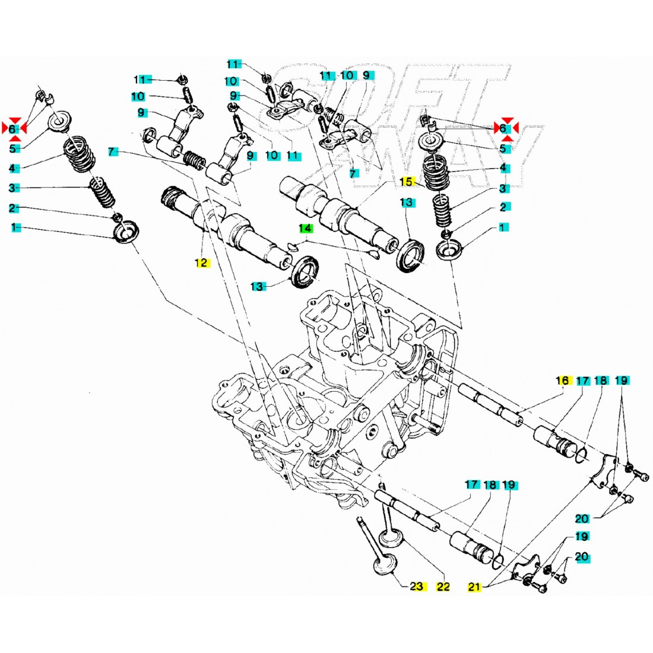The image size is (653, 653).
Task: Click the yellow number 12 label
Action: (202, 262)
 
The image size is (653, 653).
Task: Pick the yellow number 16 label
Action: (562, 381)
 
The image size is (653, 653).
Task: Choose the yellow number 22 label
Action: (443, 587)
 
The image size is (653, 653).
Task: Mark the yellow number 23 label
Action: (417, 587)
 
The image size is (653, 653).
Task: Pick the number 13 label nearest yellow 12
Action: (256, 286)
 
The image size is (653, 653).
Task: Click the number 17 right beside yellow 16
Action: (582, 381)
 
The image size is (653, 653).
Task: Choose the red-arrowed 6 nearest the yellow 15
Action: (502, 128)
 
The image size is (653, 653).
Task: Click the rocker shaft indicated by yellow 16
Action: (490, 404)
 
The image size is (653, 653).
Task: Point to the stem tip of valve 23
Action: (360, 521)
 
